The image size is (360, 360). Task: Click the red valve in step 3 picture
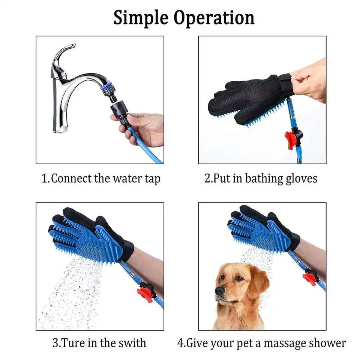pyautogui.click(x=145, y=292)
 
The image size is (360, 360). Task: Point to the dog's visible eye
pyautogui.click(x=238, y=278)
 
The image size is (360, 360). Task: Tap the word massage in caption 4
pyautogui.click(x=275, y=343)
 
